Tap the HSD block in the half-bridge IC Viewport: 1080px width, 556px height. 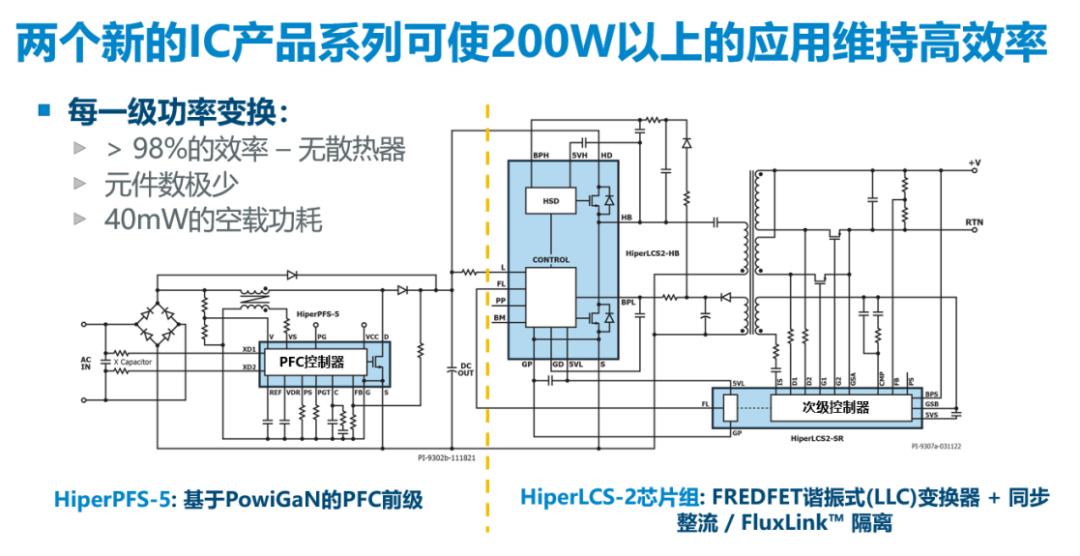tap(551, 201)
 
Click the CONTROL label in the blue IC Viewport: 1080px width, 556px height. tap(551, 260)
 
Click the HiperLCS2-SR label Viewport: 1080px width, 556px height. tap(819, 438)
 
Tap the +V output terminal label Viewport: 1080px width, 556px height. tap(975, 163)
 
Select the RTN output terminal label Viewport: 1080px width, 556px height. tap(975, 220)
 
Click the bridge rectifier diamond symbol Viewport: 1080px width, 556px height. tap(165, 311)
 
